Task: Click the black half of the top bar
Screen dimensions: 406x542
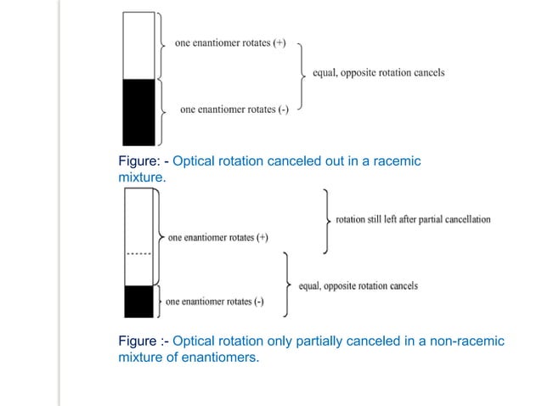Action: click(x=138, y=112)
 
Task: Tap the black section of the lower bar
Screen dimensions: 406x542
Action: click(x=138, y=302)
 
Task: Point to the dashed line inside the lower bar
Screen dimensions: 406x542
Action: click(x=138, y=253)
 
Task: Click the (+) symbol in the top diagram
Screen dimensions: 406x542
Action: click(x=279, y=44)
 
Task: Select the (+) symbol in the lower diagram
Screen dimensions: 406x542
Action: click(x=260, y=238)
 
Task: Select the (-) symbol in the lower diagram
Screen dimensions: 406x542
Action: click(x=257, y=302)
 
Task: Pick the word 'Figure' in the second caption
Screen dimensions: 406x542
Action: click(x=138, y=341)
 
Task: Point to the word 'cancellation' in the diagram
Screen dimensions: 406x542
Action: click(x=466, y=219)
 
